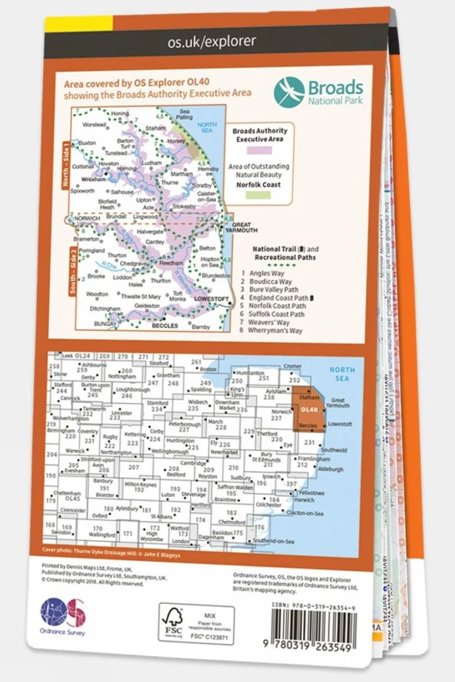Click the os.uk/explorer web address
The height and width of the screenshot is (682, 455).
tap(212, 42)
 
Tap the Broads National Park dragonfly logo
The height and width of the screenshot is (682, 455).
tap(289, 92)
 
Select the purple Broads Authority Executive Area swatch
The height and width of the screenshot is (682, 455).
tap(259, 150)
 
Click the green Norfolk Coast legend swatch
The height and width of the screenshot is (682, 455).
tap(259, 195)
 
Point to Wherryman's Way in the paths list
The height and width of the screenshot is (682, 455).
tap(275, 330)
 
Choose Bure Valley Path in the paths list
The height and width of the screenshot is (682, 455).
tap(273, 290)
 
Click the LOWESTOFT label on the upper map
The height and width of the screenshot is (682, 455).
tap(212, 299)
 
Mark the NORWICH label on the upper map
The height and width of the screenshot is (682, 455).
tap(87, 218)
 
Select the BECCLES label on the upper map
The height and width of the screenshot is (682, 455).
tap(165, 326)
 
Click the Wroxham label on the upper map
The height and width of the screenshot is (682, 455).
tap(93, 180)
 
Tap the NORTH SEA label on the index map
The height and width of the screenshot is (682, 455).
tap(342, 374)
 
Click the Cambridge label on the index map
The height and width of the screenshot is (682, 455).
tap(193, 463)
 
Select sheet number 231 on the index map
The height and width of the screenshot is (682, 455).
tap(309, 442)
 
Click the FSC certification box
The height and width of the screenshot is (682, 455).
tap(196, 624)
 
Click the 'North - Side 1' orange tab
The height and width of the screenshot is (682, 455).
tap(66, 164)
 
